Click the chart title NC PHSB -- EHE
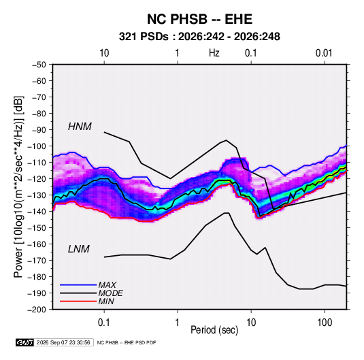click(x=199, y=19)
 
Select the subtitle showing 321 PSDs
click(x=199, y=37)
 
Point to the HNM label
click(x=80, y=127)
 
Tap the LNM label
click(x=79, y=249)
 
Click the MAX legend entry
click(x=107, y=284)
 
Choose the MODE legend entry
click(x=110, y=293)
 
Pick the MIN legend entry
click(x=106, y=301)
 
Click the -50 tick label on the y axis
click(x=39, y=65)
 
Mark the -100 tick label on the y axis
click(x=37, y=146)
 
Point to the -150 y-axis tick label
click(x=37, y=228)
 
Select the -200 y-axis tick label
click(x=37, y=310)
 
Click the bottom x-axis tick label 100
click(x=325, y=323)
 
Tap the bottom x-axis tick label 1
click(x=178, y=323)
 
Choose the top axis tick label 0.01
click(x=324, y=53)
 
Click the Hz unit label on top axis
click(x=214, y=53)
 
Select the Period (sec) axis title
click(x=214, y=330)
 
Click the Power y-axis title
click(x=18, y=187)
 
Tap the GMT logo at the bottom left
click(x=25, y=342)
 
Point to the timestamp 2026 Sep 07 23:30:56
click(x=63, y=342)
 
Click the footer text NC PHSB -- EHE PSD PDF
click(x=127, y=342)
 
